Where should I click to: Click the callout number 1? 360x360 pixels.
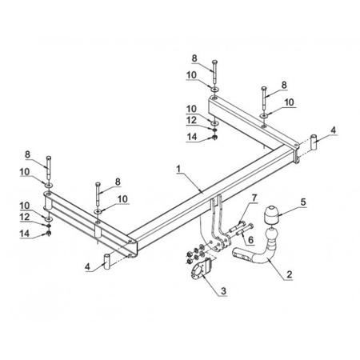click(178, 169)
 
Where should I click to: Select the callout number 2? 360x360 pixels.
click(290, 274)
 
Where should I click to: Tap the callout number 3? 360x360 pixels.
click(223, 291)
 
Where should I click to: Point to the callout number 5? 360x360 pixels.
click(303, 202)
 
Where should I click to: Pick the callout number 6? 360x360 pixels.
click(250, 240)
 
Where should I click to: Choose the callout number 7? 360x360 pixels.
click(254, 198)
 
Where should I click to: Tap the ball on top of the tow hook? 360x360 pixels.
click(271, 235)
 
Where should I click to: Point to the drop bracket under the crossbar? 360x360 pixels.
click(218, 224)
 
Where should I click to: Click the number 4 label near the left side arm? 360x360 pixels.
click(88, 266)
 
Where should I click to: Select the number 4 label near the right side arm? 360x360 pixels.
click(333, 130)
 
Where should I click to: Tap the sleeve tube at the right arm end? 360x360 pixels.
click(314, 142)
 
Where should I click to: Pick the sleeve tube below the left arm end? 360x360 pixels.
click(107, 262)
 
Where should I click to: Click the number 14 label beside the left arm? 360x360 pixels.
click(25, 234)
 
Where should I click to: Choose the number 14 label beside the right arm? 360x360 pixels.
click(192, 137)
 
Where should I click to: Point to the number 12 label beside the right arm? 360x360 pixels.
click(192, 121)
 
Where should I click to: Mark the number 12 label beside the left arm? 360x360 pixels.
click(25, 217)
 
